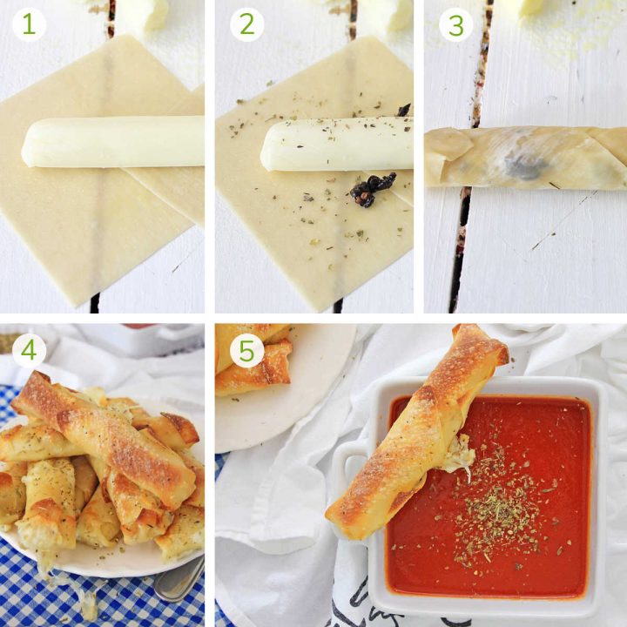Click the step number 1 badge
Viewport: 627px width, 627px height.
[29, 24]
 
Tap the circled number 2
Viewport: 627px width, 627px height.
[246, 24]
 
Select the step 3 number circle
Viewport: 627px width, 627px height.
[455, 24]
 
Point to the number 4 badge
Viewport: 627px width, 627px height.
[29, 351]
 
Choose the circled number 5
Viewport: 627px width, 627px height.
[246, 351]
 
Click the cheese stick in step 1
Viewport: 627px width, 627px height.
[113, 143]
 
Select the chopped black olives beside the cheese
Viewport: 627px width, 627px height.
[372, 188]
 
